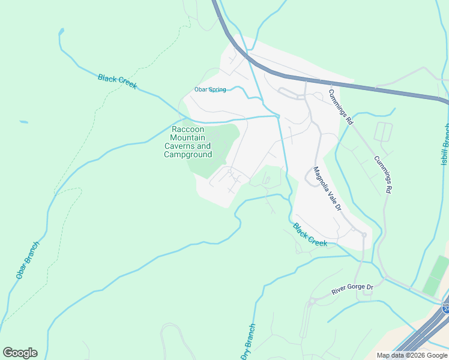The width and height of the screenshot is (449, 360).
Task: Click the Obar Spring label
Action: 210,89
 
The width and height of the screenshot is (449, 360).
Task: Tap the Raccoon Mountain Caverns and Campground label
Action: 188,142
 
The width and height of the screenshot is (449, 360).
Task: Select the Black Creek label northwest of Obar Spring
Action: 117,82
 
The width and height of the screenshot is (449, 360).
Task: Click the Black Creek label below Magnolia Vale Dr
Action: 310,235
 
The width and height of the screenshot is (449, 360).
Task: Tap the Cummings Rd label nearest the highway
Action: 340,106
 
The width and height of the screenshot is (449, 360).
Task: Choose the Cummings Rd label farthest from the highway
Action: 382,175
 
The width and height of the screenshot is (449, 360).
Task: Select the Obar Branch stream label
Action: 28,260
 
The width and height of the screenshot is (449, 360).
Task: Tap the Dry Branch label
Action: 249,341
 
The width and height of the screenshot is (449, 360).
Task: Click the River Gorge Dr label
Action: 352,290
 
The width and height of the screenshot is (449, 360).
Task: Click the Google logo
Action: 20,353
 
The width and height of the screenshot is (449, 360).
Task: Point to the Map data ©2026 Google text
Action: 412,355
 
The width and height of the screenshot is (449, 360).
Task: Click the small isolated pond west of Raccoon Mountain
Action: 23,122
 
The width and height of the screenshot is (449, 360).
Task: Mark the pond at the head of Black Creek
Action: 61,31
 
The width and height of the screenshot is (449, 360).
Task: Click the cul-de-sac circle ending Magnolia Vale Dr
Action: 364,235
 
